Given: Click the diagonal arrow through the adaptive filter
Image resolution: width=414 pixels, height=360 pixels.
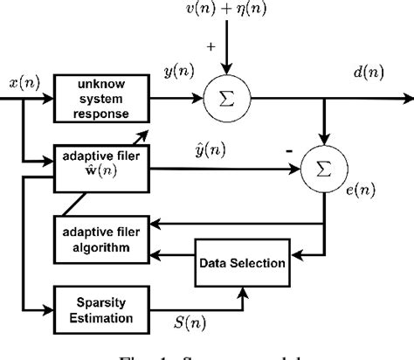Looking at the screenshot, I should pos(141,133).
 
